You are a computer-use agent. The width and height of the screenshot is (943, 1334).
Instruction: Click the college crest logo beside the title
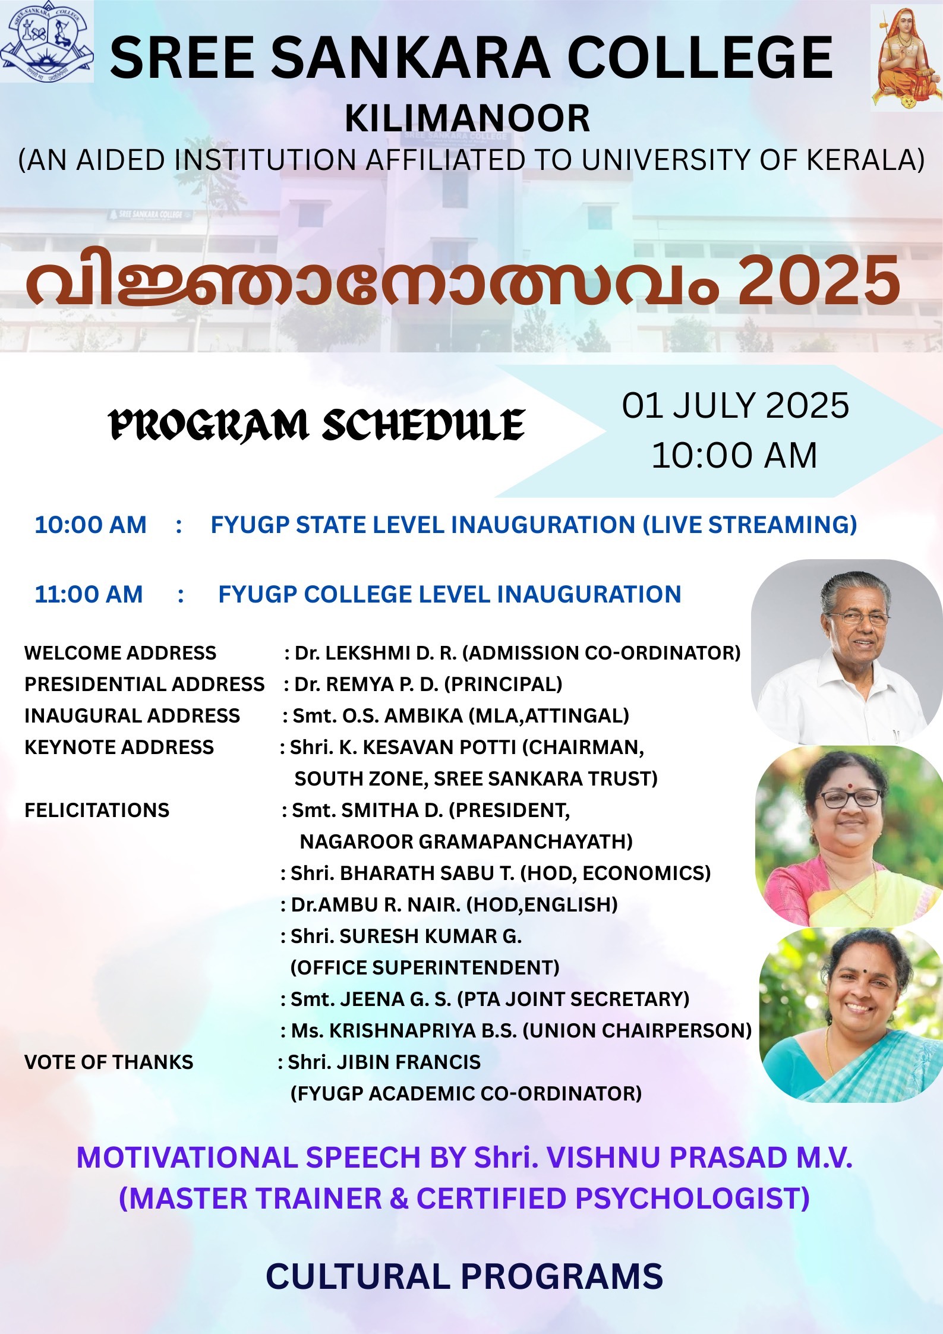click(x=46, y=42)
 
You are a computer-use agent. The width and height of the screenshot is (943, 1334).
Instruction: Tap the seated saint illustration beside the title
click(x=907, y=58)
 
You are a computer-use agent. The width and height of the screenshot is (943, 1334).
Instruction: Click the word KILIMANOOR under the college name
click(x=468, y=118)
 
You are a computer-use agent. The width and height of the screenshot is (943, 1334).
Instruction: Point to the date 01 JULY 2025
click(x=736, y=406)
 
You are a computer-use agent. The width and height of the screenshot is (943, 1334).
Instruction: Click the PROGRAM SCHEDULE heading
click(x=316, y=425)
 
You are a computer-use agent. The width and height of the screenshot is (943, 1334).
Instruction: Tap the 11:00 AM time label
click(x=89, y=594)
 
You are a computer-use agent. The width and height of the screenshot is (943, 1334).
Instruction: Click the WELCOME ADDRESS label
click(x=120, y=653)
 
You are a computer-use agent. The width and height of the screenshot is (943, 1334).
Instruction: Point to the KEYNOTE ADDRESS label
click(x=119, y=748)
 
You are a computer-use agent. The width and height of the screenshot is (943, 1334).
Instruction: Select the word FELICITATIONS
click(x=97, y=811)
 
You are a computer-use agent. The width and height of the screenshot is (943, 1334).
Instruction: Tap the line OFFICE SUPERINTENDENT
click(x=425, y=967)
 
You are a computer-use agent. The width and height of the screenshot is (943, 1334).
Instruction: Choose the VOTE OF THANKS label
click(x=109, y=1062)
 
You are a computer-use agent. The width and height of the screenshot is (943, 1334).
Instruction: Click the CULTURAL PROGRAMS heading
click(x=465, y=1276)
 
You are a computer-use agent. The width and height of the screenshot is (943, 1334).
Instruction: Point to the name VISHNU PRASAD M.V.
click(x=699, y=1158)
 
